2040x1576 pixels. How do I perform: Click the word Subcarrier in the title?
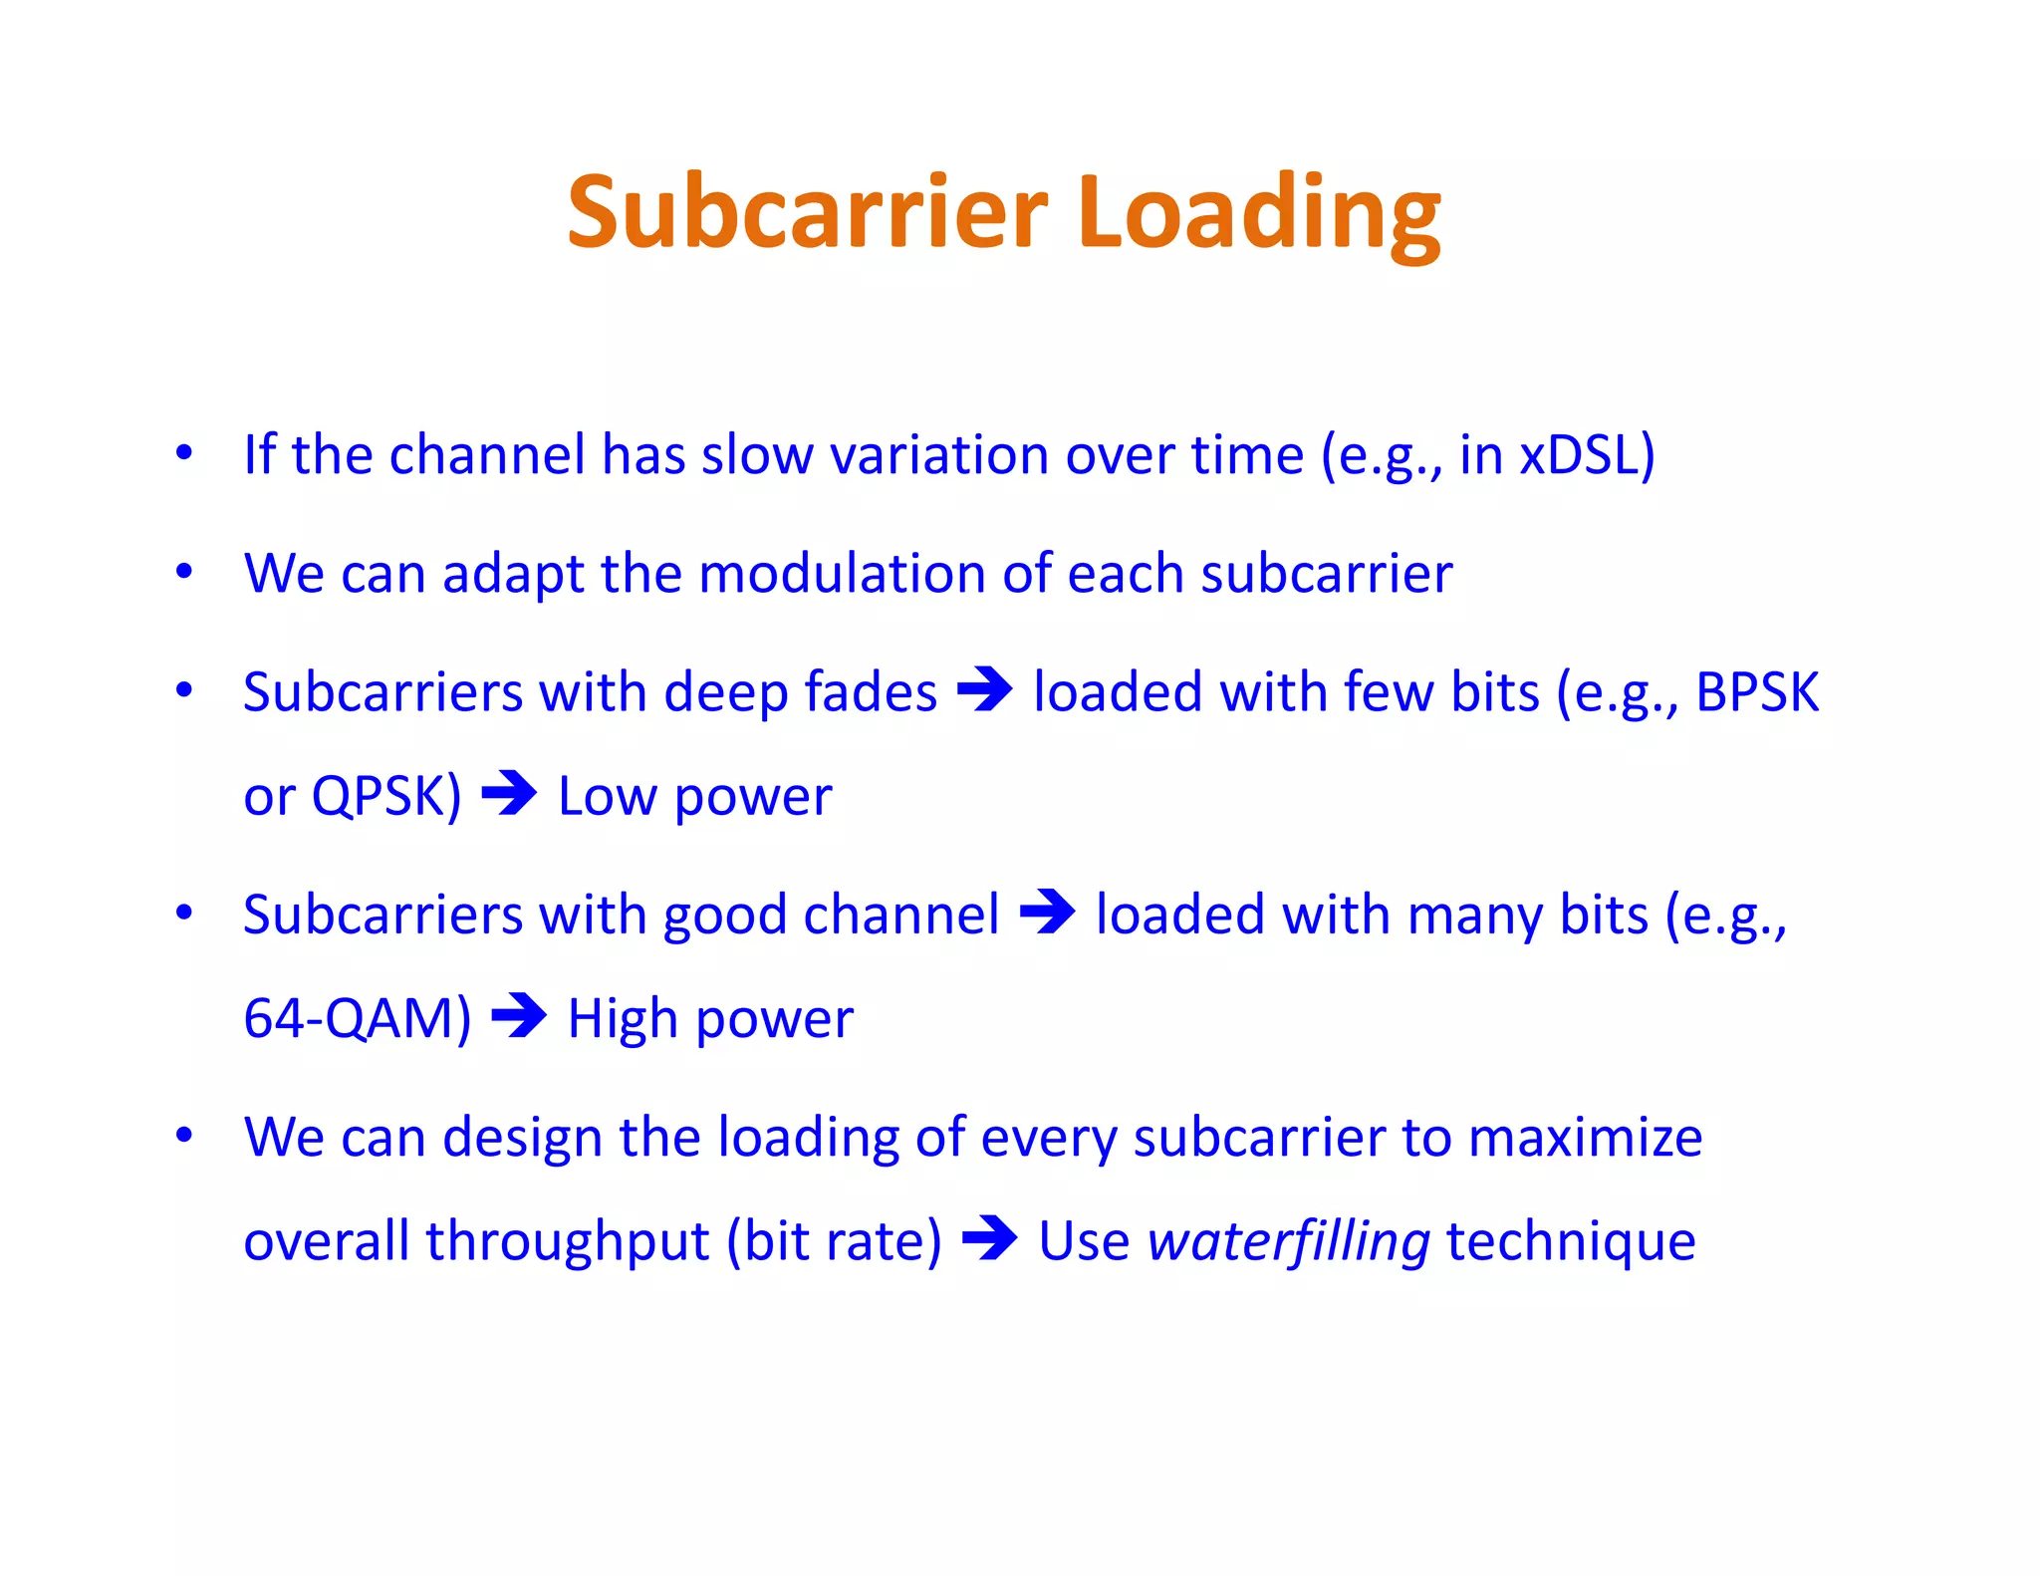[807, 212]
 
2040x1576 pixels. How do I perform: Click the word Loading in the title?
[1259, 212]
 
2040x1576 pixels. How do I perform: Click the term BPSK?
[1757, 691]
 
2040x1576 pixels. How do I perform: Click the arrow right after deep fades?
[984, 689]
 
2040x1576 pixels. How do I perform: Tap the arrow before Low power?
[509, 794]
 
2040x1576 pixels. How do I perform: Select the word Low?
[607, 796]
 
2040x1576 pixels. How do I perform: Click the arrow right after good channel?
[1047, 913]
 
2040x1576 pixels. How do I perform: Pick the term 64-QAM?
[357, 1018]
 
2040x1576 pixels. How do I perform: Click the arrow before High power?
[519, 1017]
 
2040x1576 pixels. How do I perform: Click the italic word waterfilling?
[1288, 1241]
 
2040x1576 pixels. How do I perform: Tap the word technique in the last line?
[1571, 1241]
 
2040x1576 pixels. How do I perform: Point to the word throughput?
[568, 1242]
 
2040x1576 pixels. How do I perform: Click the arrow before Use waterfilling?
[989, 1239]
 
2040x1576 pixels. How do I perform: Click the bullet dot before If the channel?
[184, 453]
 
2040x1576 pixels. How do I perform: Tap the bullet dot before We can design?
[184, 1135]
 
